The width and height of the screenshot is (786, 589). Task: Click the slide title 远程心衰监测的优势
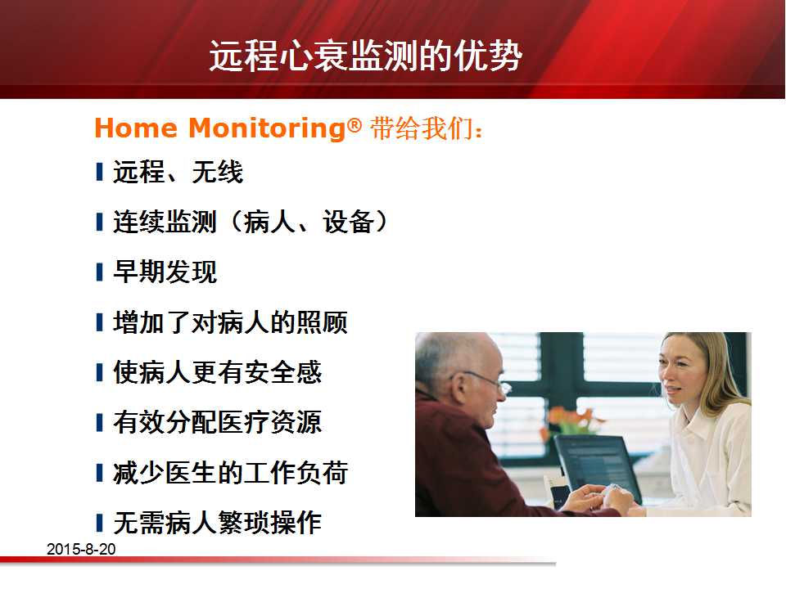[x=365, y=55]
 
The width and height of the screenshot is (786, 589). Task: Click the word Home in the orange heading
[x=136, y=128]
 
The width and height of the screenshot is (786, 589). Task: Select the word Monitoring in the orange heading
[x=267, y=128]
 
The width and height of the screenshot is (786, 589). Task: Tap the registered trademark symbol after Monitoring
[x=355, y=124]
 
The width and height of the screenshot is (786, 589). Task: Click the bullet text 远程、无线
[x=178, y=172]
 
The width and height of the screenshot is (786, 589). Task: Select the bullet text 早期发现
[x=165, y=272]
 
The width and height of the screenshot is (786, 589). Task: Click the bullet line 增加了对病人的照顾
[x=230, y=322]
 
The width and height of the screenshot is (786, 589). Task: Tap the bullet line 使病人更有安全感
[x=217, y=372]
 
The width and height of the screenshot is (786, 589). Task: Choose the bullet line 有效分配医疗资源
[x=217, y=422]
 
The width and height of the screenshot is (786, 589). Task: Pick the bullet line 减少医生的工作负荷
[x=230, y=473]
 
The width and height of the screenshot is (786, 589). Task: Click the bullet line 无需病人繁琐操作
[x=217, y=523]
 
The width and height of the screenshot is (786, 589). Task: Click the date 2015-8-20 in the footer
[x=81, y=549]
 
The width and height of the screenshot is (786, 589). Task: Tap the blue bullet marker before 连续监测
[x=99, y=223]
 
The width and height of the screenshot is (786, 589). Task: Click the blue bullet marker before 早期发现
[x=99, y=272]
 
